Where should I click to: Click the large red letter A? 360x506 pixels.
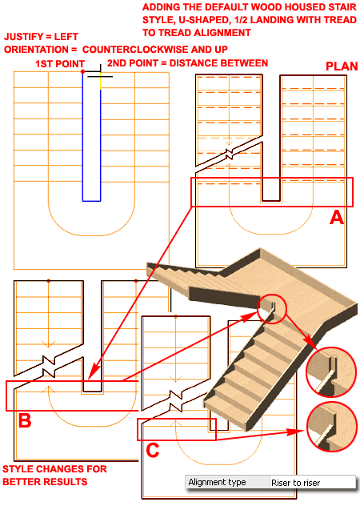(337, 217)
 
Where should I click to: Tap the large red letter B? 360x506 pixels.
(25, 420)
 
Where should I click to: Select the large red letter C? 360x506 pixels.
(153, 450)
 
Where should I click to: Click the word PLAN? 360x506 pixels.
(342, 66)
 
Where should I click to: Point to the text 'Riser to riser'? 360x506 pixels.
(295, 483)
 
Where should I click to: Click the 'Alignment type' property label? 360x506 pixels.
(217, 482)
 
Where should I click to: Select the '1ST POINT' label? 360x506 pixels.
(60, 63)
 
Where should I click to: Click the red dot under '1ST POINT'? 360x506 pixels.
(83, 71)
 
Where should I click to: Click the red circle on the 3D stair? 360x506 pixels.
(272, 308)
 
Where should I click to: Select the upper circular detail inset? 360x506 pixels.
(330, 371)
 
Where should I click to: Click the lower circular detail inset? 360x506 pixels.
(332, 427)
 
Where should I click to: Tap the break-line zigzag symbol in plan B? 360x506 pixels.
(49, 367)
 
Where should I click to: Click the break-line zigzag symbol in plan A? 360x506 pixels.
(230, 154)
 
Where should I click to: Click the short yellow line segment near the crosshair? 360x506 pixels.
(101, 82)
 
